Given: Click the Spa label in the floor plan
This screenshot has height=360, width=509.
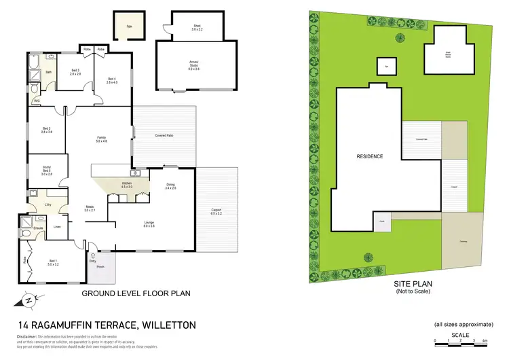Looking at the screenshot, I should pyautogui.click(x=128, y=27).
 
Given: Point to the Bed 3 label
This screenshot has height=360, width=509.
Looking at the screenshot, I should pyautogui.click(x=75, y=72).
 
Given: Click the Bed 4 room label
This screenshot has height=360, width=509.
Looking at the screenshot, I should pyautogui.click(x=112, y=80).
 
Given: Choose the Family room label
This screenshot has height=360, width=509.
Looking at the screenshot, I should pyautogui.click(x=101, y=139).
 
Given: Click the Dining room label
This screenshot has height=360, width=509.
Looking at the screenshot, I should pyautogui.click(x=171, y=186).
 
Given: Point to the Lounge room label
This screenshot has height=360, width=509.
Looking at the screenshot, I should pyautogui.click(x=149, y=224).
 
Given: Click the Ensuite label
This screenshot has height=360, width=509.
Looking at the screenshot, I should pyautogui.click(x=38, y=227).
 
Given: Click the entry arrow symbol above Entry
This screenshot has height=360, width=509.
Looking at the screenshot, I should pyautogui.click(x=92, y=253).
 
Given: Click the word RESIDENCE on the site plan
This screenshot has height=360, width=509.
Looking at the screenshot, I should pyautogui.click(x=370, y=157).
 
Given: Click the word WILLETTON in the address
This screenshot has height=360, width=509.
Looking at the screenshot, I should pyautogui.click(x=167, y=325).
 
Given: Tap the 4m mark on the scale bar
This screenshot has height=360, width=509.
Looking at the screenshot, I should pyautogui.click(x=485, y=340).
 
